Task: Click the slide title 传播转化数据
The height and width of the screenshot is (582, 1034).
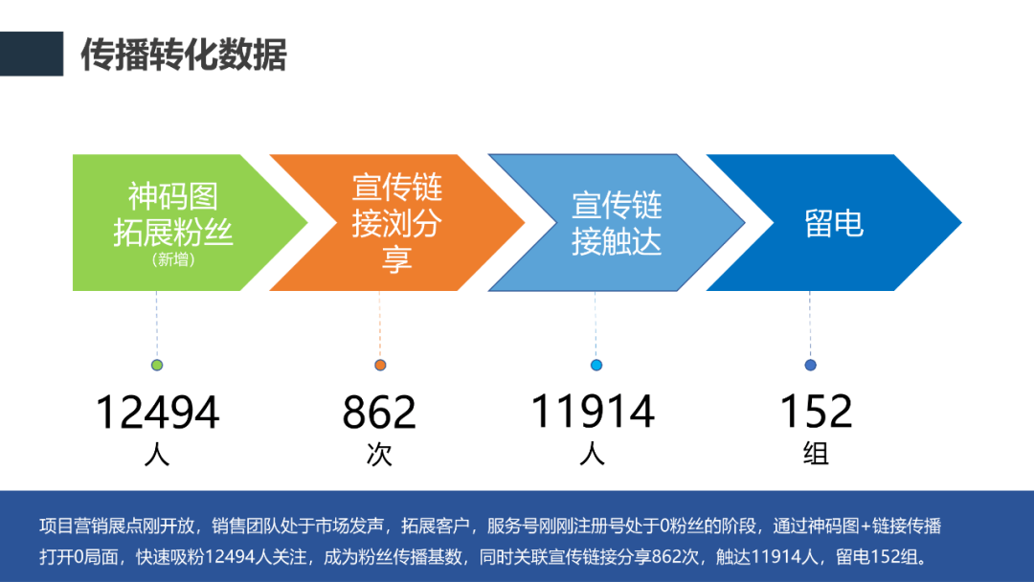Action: pyautogui.click(x=183, y=54)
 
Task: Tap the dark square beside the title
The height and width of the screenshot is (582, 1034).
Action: pyautogui.click(x=32, y=54)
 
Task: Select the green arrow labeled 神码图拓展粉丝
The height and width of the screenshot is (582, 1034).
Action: pyautogui.click(x=190, y=223)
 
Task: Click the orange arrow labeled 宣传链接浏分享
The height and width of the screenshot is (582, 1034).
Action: pyautogui.click(x=397, y=223)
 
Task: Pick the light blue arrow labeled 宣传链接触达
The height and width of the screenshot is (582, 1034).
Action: pyautogui.click(x=616, y=223)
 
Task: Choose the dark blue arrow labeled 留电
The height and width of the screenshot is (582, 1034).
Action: pyautogui.click(x=834, y=223)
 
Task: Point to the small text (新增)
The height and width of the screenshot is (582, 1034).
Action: pyautogui.click(x=172, y=259)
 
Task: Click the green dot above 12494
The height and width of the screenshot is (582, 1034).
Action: pyautogui.click(x=157, y=365)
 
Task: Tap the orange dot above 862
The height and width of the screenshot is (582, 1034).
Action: pyautogui.click(x=380, y=365)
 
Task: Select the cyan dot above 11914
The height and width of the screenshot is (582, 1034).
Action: pyautogui.click(x=596, y=365)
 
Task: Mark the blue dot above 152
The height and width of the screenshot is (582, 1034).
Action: pyautogui.click(x=811, y=365)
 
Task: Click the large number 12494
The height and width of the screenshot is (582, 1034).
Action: pyautogui.click(x=157, y=413)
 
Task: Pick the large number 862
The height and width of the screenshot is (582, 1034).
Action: pyautogui.click(x=379, y=413)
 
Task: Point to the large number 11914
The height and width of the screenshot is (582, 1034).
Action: pyautogui.click(x=593, y=412)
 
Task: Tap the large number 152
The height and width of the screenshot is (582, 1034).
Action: pyautogui.click(x=817, y=412)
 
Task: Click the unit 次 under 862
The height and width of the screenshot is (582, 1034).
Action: pyautogui.click(x=379, y=454)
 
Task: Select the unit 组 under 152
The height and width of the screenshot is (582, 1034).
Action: pyautogui.click(x=817, y=454)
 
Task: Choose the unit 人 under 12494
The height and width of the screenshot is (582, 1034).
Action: pyautogui.click(x=157, y=454)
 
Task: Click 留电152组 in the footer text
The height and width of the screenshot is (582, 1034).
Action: pyautogui.click(x=876, y=557)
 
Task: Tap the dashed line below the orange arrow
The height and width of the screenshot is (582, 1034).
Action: pyautogui.click(x=380, y=325)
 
